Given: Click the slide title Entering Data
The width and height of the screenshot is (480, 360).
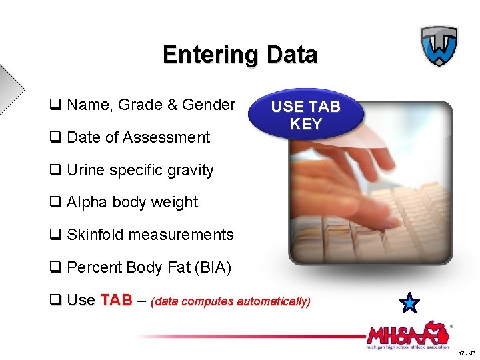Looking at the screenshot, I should [x=240, y=55].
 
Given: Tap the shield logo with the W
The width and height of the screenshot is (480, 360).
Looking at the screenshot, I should [x=439, y=46].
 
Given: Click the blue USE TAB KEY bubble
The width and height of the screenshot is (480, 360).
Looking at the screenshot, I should [x=306, y=115].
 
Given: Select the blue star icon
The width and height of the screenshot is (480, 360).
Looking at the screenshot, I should [x=409, y=303].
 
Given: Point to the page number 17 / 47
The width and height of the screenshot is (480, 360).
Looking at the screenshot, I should [x=467, y=353].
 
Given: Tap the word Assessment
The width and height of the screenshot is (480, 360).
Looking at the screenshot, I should [x=175, y=137].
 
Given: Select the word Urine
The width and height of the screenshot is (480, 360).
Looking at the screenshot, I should [x=86, y=170].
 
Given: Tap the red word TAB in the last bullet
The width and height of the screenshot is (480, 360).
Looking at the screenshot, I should [x=117, y=300].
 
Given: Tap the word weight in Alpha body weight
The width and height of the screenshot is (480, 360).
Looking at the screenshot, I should [x=176, y=203].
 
